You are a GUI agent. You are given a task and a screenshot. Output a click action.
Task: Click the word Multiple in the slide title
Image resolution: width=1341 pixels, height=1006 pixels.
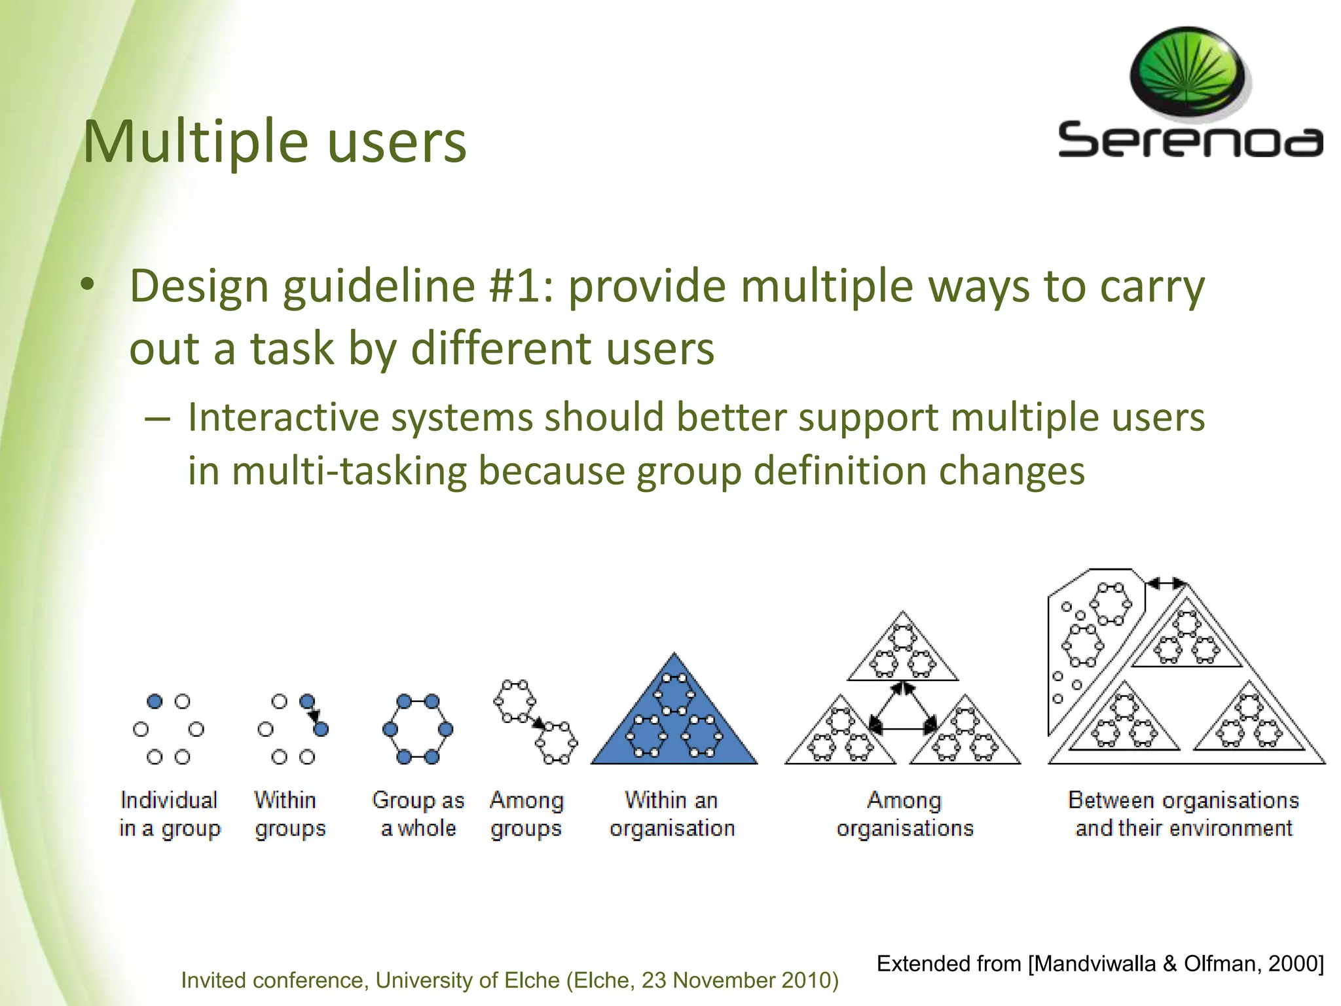click(x=195, y=142)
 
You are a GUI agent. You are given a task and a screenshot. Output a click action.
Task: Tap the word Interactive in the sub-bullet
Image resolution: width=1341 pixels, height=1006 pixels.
click(x=283, y=417)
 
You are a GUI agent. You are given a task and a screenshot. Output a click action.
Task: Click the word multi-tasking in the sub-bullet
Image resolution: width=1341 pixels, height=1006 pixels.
click(x=348, y=471)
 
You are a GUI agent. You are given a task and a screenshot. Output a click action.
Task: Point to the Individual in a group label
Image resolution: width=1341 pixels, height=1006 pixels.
click(x=169, y=814)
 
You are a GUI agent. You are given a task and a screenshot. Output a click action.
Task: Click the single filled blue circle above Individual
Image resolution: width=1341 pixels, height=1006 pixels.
click(x=155, y=701)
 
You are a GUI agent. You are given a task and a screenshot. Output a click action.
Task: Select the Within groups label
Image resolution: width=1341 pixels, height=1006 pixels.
click(x=289, y=814)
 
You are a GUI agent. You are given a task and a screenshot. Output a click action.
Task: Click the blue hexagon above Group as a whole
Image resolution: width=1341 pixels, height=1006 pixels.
click(x=418, y=729)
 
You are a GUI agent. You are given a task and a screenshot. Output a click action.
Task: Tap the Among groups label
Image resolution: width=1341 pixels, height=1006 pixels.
click(x=526, y=814)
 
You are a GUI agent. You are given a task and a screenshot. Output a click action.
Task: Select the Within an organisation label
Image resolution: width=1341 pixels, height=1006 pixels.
click(x=672, y=814)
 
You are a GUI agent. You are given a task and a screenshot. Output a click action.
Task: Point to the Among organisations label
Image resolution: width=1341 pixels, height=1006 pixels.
click(x=904, y=814)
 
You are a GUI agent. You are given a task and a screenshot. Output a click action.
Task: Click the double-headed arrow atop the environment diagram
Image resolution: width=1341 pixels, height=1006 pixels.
click(x=1166, y=582)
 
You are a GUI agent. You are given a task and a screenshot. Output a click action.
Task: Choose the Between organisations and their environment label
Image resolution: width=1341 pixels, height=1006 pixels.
click(x=1183, y=814)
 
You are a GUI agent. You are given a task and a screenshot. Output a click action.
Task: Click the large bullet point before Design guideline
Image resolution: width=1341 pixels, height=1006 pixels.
click(x=88, y=286)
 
